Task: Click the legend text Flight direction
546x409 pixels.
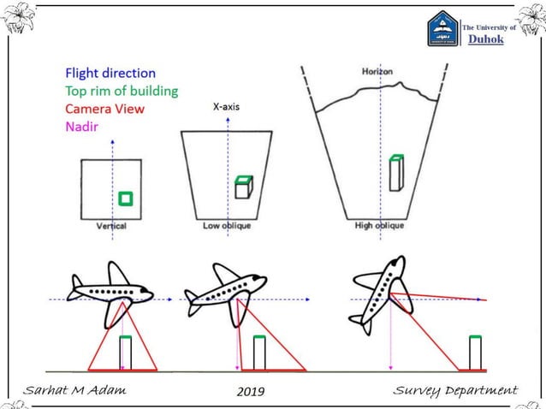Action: [110, 74]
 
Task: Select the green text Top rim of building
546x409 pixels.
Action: [122, 92]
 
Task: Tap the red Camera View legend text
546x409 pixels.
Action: [104, 110]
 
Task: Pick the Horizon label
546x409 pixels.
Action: [377, 71]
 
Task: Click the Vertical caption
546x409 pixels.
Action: [111, 226]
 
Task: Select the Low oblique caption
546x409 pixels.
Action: [227, 226]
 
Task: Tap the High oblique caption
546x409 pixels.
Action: [379, 226]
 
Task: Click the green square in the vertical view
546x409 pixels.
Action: [126, 198]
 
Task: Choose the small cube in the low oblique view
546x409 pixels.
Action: [243, 187]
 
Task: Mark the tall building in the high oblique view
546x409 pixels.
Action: [395, 174]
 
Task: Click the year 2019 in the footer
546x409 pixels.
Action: [249, 392]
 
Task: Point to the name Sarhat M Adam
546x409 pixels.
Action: [74, 391]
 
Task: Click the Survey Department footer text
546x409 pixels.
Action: [455, 391]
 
